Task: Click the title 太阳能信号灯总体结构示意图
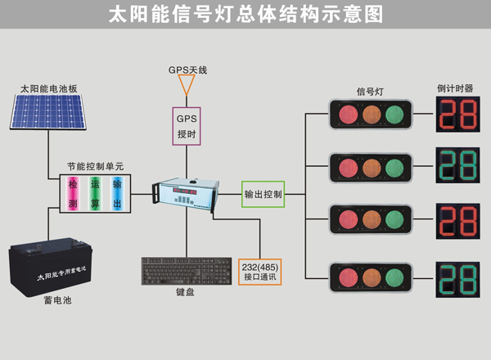245,16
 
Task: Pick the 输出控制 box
263,195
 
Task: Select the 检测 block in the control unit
72,194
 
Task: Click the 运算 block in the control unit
94,194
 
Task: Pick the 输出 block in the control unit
117,194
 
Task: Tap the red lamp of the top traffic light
342,115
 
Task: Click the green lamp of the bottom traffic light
396,274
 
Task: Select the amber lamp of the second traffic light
369,168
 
